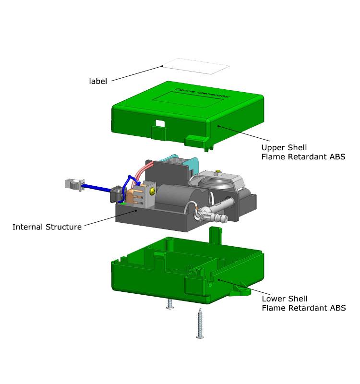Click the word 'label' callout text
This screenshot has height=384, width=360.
98,81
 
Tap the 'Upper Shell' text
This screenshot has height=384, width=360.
284,147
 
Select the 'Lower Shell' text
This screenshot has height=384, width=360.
285,299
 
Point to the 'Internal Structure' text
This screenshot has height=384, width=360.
47,227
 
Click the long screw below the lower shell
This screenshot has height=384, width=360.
200,324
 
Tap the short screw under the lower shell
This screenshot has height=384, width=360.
170,304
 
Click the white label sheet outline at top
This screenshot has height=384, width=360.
196,66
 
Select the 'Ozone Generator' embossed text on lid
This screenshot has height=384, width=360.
203,93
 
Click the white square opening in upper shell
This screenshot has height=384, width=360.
160,123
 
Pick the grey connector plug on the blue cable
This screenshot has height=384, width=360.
75,185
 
